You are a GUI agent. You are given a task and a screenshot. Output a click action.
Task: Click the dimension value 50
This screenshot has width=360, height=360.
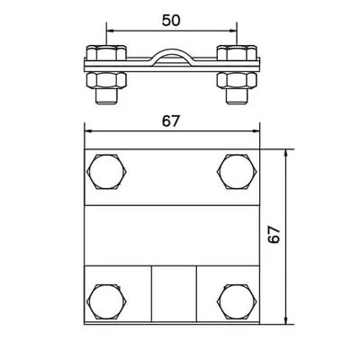click(171, 21)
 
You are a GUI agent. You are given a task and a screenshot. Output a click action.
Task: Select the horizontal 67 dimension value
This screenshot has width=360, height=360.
click(171, 121)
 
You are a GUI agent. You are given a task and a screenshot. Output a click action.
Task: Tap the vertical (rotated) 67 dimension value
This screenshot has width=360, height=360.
click(274, 235)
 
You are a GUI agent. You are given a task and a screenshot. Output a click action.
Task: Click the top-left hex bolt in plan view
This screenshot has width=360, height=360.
click(107, 172)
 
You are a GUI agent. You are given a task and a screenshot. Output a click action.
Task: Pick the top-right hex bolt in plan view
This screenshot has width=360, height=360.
click(237, 172)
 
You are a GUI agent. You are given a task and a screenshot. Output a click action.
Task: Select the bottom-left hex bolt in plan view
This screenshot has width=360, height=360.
click(107, 301)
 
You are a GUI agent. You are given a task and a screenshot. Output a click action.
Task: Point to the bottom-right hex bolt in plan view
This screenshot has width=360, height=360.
click(237, 301)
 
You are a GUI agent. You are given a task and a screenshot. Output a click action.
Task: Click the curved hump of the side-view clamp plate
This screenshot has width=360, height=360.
click(172, 52)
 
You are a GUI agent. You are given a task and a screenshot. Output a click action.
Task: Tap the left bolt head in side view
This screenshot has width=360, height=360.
click(106, 52)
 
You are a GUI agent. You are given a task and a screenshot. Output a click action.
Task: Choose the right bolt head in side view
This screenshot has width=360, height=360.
click(237, 52)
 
